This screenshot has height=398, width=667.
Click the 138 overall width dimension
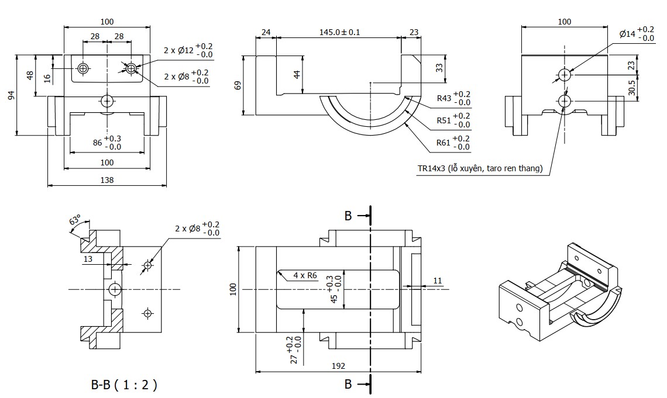point(106,181)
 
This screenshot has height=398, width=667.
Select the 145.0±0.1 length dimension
point(339,33)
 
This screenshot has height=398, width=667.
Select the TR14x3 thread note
point(480,169)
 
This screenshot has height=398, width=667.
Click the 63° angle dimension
point(75,220)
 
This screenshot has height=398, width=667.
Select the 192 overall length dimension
point(338,366)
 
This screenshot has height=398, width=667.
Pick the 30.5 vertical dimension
point(631,88)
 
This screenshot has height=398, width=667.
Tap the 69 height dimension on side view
point(238,85)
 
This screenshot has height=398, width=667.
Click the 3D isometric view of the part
point(561,292)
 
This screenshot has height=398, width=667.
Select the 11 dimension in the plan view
point(438,281)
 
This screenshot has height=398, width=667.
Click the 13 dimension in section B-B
point(88,259)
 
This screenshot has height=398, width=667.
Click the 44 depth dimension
point(297,74)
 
